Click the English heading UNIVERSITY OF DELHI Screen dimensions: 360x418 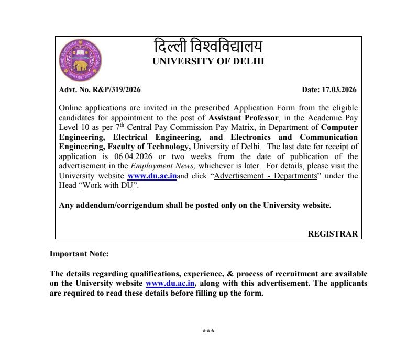208,61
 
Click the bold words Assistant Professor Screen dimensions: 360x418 243,118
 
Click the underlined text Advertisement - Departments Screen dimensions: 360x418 266,176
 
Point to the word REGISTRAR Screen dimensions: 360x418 333,234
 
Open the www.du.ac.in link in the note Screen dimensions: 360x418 170,283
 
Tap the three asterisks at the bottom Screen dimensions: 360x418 208,331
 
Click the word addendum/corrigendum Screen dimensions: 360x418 119,205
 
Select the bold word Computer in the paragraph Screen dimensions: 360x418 339,127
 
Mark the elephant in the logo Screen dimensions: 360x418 80,65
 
